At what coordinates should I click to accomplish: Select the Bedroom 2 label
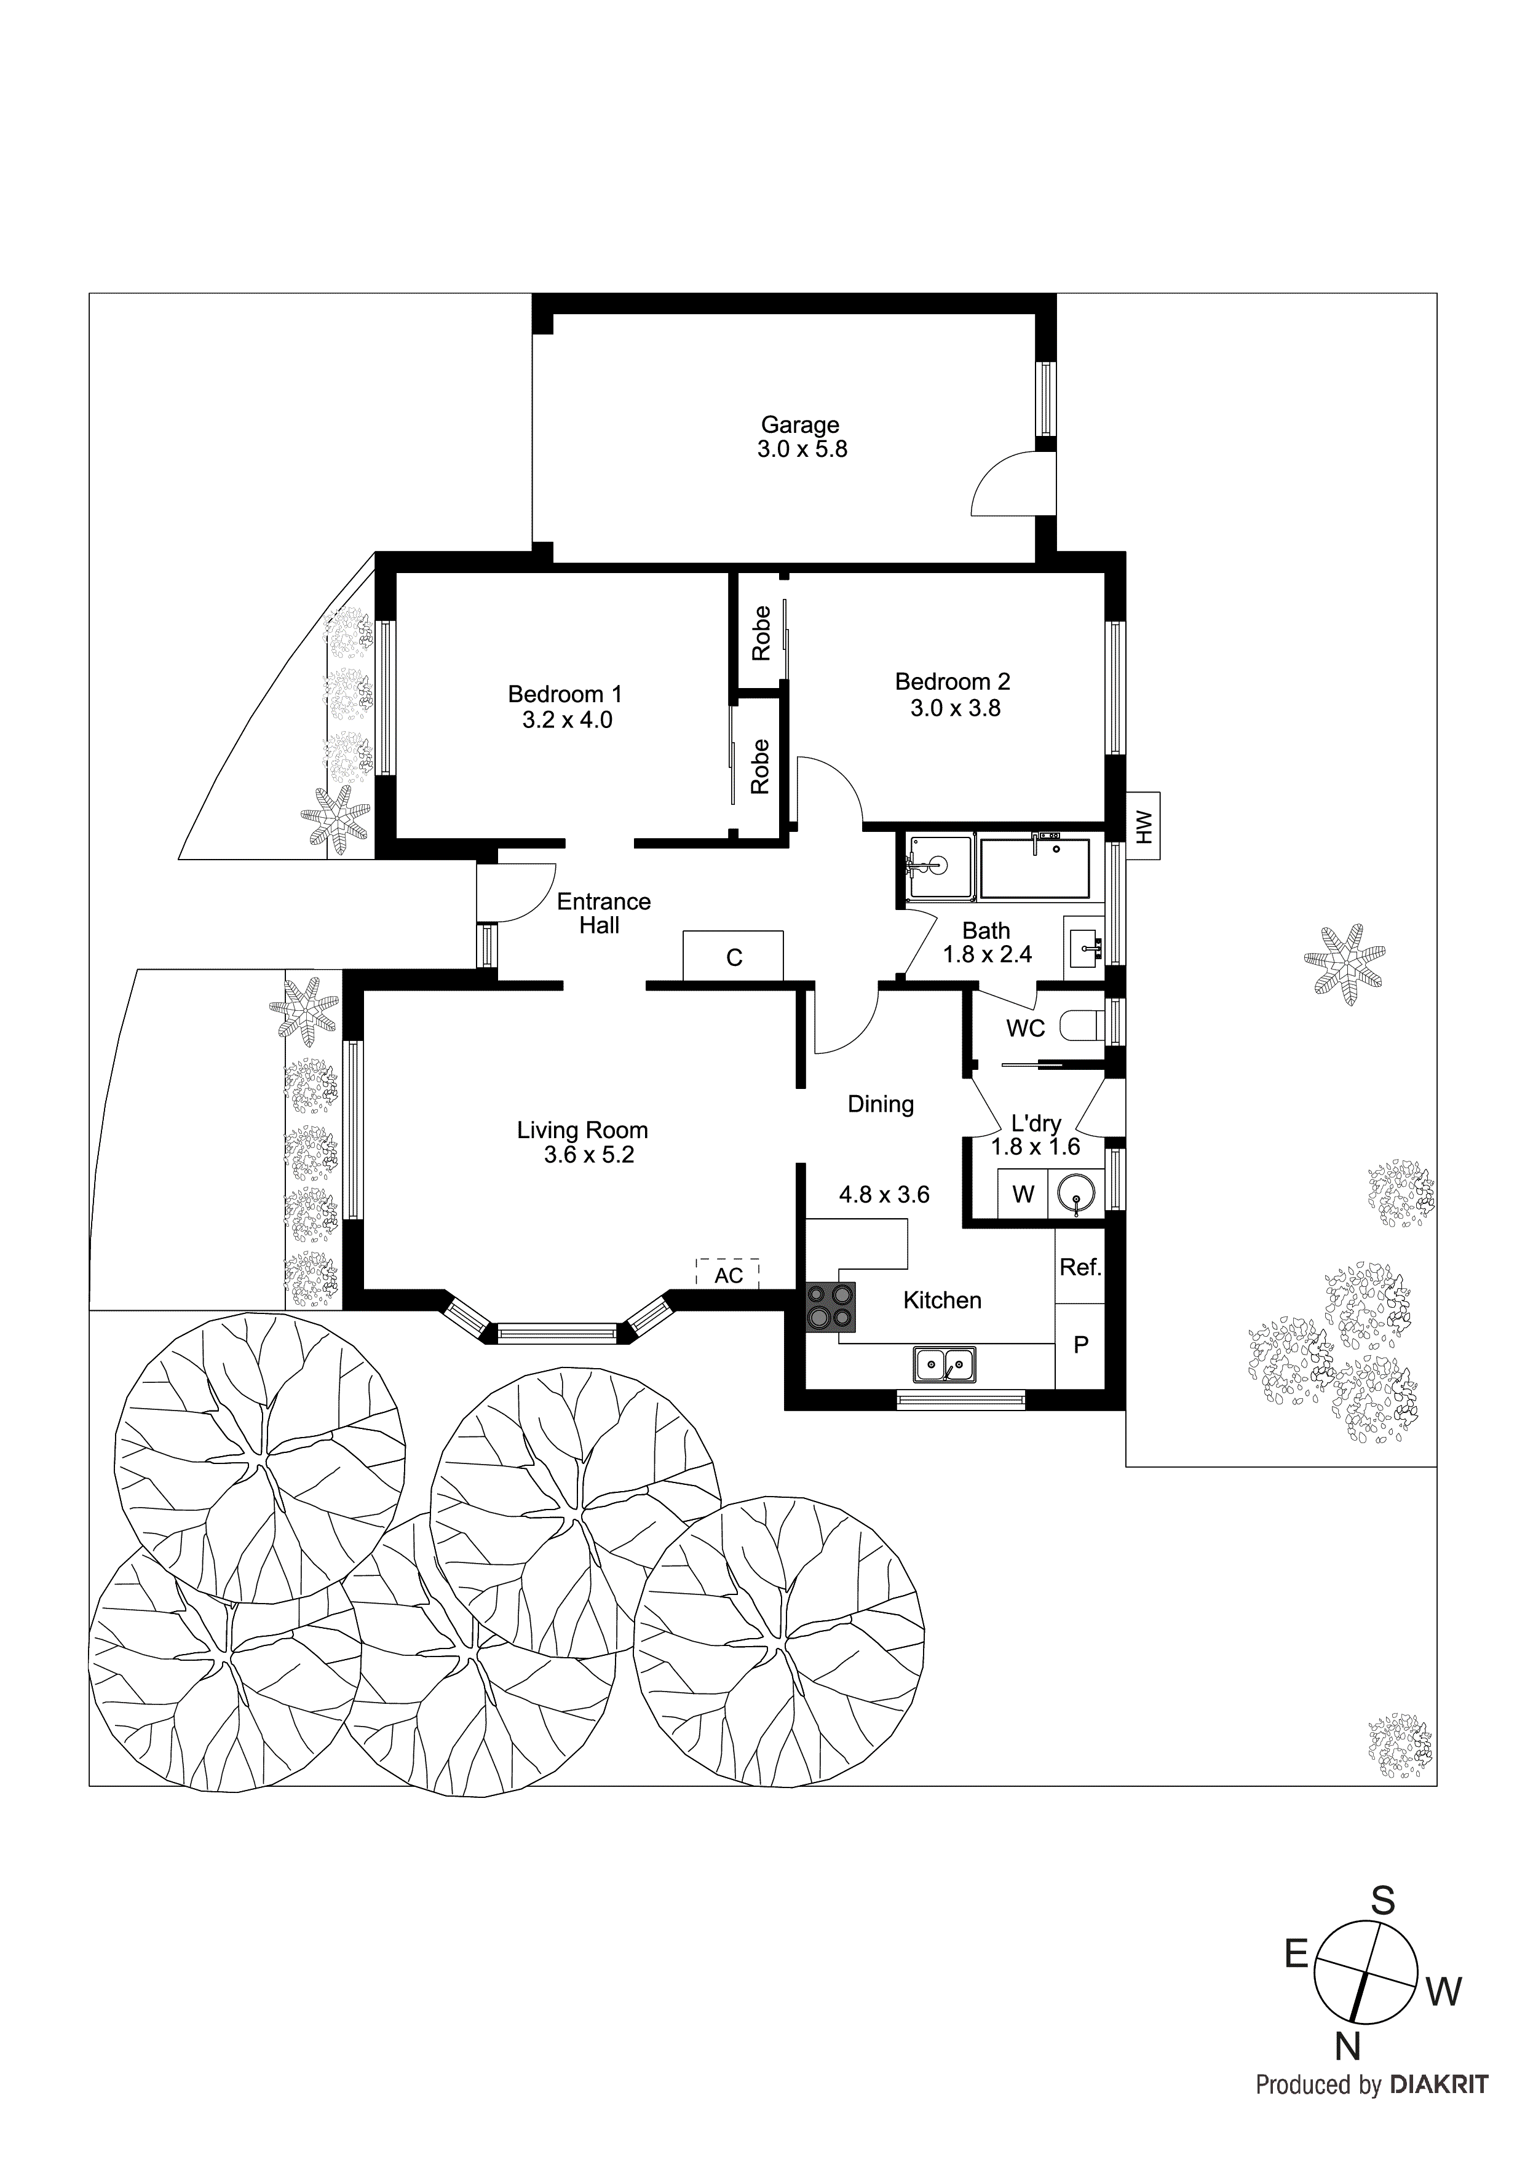952,681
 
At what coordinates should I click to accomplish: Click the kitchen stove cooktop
831,1307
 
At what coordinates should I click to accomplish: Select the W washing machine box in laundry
1023,1194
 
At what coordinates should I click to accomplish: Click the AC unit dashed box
727,1274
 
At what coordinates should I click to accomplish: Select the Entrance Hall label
602,913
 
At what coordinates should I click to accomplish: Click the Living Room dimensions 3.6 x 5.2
589,1155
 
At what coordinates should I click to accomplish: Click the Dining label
881,1104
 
